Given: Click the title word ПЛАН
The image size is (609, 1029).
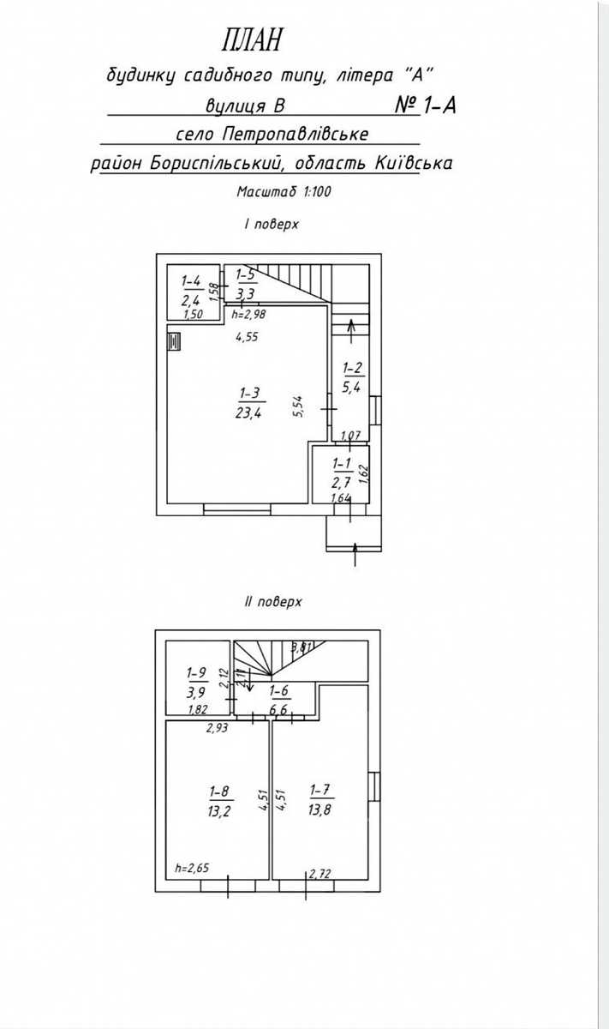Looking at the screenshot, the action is (x=251, y=39).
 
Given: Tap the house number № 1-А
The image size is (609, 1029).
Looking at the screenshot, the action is (x=426, y=105).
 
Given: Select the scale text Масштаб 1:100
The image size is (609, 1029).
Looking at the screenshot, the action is (x=284, y=191).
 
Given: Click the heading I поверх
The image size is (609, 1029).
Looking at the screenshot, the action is (x=272, y=224).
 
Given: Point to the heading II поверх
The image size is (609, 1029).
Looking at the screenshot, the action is (x=273, y=601).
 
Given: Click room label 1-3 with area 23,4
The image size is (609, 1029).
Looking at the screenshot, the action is (x=248, y=403).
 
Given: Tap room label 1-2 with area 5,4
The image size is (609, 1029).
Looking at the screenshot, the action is (x=352, y=377).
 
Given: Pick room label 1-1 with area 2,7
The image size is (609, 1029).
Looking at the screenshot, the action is (x=342, y=472).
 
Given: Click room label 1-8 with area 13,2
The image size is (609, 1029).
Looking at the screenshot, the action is (x=219, y=801).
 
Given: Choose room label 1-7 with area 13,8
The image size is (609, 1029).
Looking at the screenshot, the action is (x=319, y=800).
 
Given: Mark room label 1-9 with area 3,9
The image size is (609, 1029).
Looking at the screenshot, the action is (x=196, y=683).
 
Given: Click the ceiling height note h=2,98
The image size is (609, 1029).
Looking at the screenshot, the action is (x=248, y=315).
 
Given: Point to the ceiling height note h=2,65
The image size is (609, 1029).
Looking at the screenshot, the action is (x=192, y=868).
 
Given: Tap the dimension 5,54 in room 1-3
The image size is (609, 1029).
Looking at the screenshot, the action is (x=299, y=406).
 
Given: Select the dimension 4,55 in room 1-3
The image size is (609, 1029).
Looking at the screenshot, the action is (x=247, y=337).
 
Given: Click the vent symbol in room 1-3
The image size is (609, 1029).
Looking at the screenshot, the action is (x=174, y=342).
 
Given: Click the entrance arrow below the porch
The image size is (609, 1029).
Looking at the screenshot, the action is (x=355, y=555).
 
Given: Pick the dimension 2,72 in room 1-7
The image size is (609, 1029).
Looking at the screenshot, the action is (x=319, y=873).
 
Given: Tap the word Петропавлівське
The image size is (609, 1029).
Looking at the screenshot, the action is (x=296, y=135).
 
